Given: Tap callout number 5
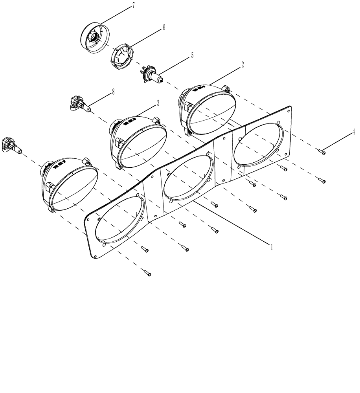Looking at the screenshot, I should point(192,55).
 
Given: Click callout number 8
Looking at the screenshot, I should point(113,92).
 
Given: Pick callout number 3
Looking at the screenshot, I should point(158,103).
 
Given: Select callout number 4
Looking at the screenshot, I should point(353,132).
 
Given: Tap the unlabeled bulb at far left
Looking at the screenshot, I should point(11,145).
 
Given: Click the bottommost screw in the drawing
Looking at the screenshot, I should point(147,274).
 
